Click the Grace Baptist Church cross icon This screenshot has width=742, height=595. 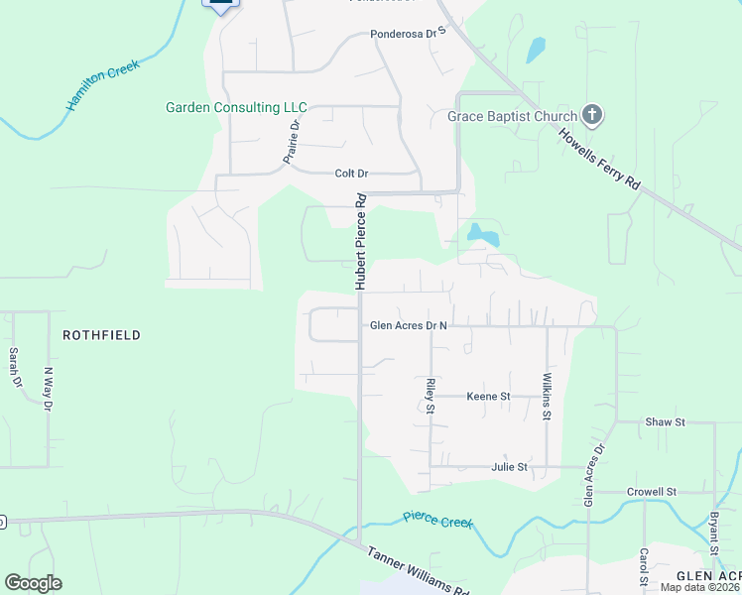(591, 116)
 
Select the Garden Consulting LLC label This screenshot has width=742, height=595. (236, 107)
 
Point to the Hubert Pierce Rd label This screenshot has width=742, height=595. (362, 241)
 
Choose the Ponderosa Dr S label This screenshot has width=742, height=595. (409, 33)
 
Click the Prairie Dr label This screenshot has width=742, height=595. (292, 141)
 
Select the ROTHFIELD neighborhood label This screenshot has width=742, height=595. (101, 335)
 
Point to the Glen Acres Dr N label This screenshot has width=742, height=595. (409, 325)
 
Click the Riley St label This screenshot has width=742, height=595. (431, 394)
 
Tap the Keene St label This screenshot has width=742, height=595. (488, 396)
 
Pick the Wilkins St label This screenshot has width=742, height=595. (547, 396)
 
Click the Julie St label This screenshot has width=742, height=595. (509, 466)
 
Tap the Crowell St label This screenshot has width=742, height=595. (651, 491)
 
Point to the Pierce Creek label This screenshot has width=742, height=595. (438, 520)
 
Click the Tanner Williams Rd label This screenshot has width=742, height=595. (418, 573)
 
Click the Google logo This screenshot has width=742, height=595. (33, 583)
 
